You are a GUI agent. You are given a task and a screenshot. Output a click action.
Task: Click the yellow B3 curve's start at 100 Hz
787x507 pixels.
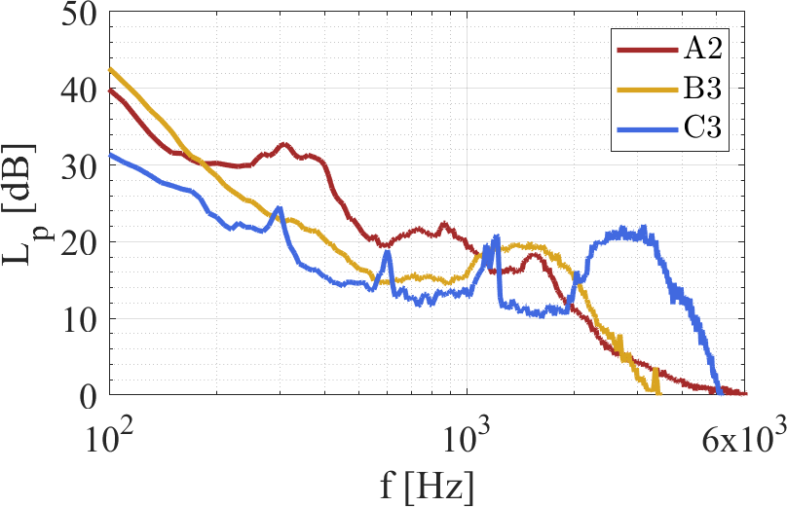click(111, 70)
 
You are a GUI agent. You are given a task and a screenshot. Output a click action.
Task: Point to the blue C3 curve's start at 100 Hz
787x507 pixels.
click(111, 155)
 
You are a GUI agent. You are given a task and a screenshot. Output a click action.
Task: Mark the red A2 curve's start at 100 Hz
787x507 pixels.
click(111, 91)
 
